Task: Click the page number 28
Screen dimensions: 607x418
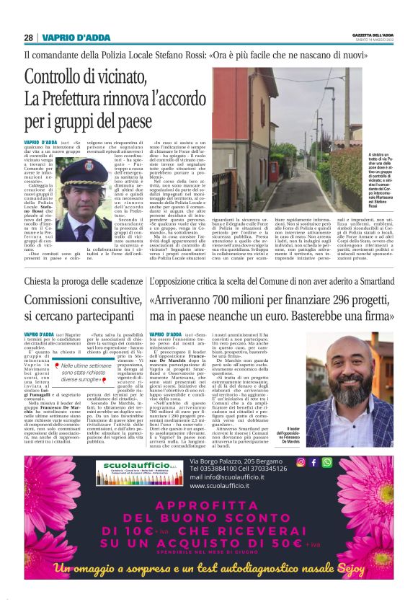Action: pyautogui.click(x=28, y=37)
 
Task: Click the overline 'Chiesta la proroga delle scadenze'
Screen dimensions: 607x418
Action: pyautogui.click(x=82, y=281)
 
